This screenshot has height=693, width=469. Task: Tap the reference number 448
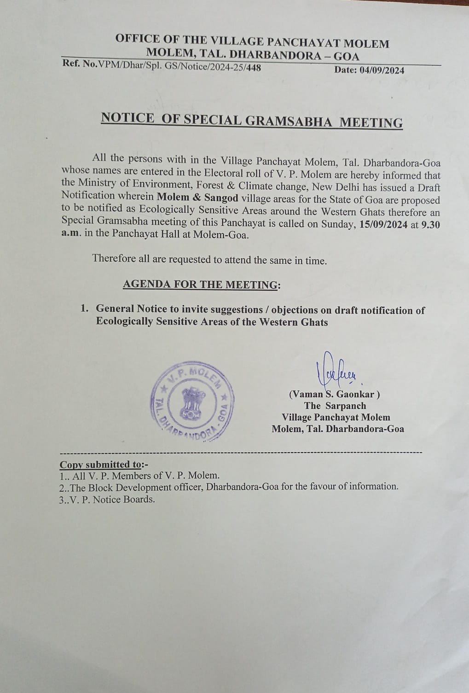(254, 68)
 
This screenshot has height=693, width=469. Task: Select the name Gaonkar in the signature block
(356, 394)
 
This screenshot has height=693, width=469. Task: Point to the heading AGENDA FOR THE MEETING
(201, 285)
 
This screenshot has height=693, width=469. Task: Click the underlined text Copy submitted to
(101, 464)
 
